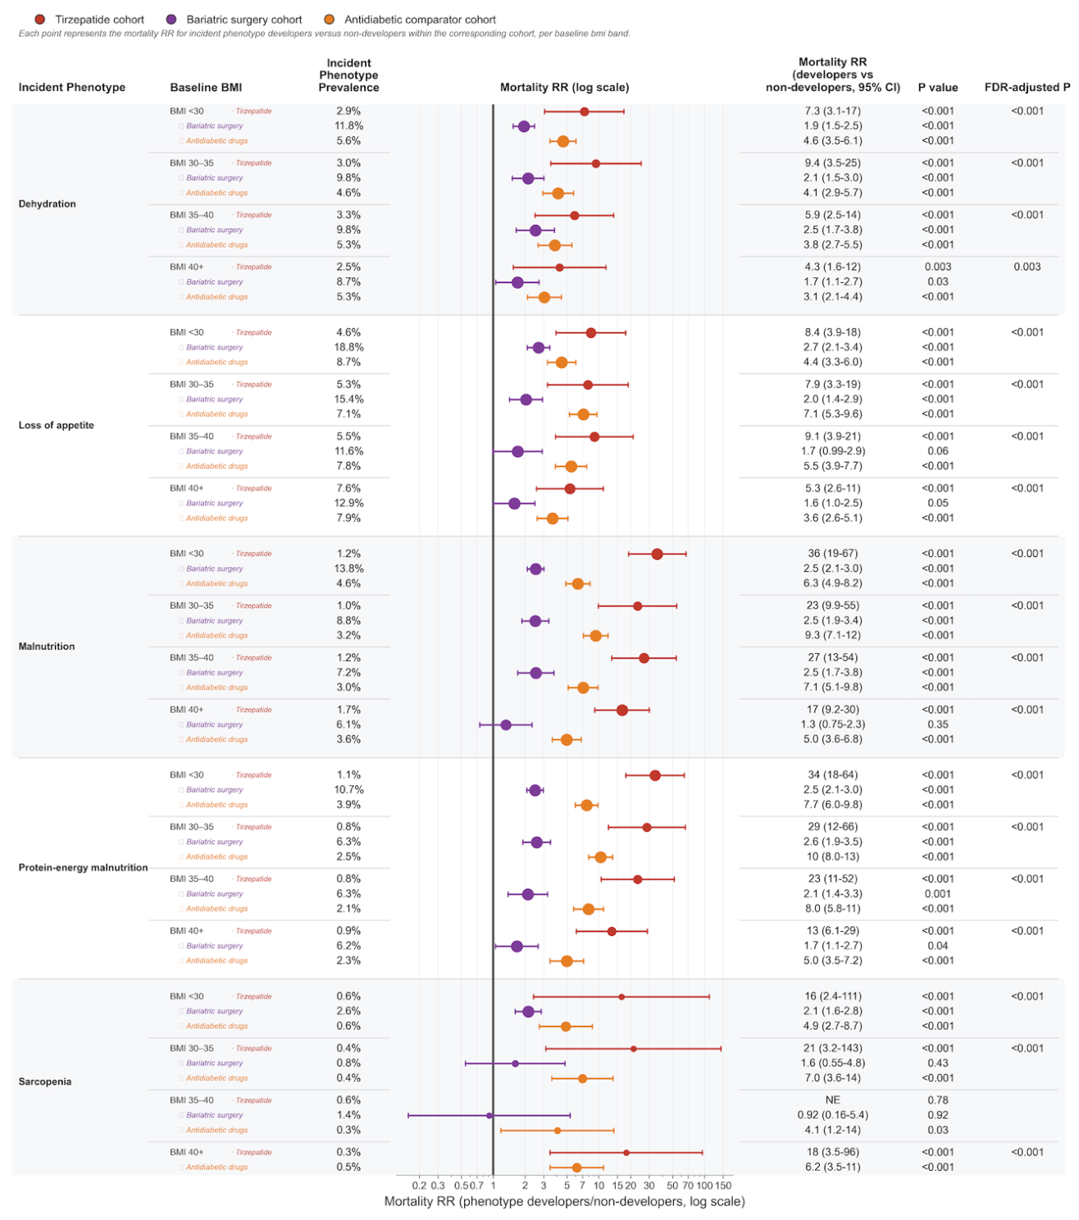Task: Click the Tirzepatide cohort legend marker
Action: click(x=39, y=19)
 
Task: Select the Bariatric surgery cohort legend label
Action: click(x=244, y=19)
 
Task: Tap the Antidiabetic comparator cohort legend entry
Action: click(x=410, y=19)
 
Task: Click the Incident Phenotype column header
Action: click(x=71, y=87)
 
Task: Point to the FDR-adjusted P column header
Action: click(x=1027, y=87)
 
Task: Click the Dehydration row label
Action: click(x=47, y=203)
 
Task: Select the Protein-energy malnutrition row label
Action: click(x=83, y=867)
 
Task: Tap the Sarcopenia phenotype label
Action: click(x=44, y=1081)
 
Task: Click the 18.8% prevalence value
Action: click(x=348, y=347)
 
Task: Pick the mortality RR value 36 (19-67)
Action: click(x=831, y=553)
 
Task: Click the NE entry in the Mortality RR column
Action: click(x=831, y=1099)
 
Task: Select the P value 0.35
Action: click(x=937, y=724)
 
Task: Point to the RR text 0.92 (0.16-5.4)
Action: click(x=831, y=1115)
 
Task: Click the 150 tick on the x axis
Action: click(x=722, y=1185)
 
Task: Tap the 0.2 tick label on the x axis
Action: click(x=419, y=1185)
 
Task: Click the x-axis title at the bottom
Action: click(x=564, y=1201)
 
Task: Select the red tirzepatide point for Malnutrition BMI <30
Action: click(x=657, y=554)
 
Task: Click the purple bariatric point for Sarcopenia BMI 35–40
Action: click(x=489, y=1115)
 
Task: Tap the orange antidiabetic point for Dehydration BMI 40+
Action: click(x=544, y=297)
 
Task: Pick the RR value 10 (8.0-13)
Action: click(x=831, y=856)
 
